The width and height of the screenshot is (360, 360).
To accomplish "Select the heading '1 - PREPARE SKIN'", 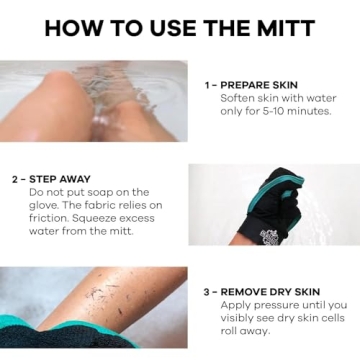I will pyautogui.click(x=251, y=85).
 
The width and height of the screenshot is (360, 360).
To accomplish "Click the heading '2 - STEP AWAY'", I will pyautogui.click(x=53, y=179).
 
